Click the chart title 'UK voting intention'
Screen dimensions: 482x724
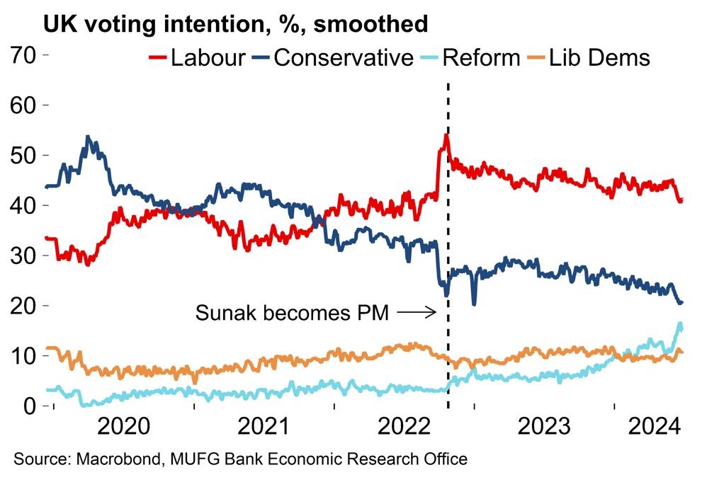coord(236,25)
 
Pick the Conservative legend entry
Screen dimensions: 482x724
coord(333,57)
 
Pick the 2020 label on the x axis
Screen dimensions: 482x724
coord(123,428)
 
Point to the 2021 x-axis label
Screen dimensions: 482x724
coord(263,428)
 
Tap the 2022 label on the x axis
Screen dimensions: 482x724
coord(403,428)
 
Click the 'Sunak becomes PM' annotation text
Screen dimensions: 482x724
coord(292,312)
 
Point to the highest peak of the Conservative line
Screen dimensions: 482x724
coord(87,137)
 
